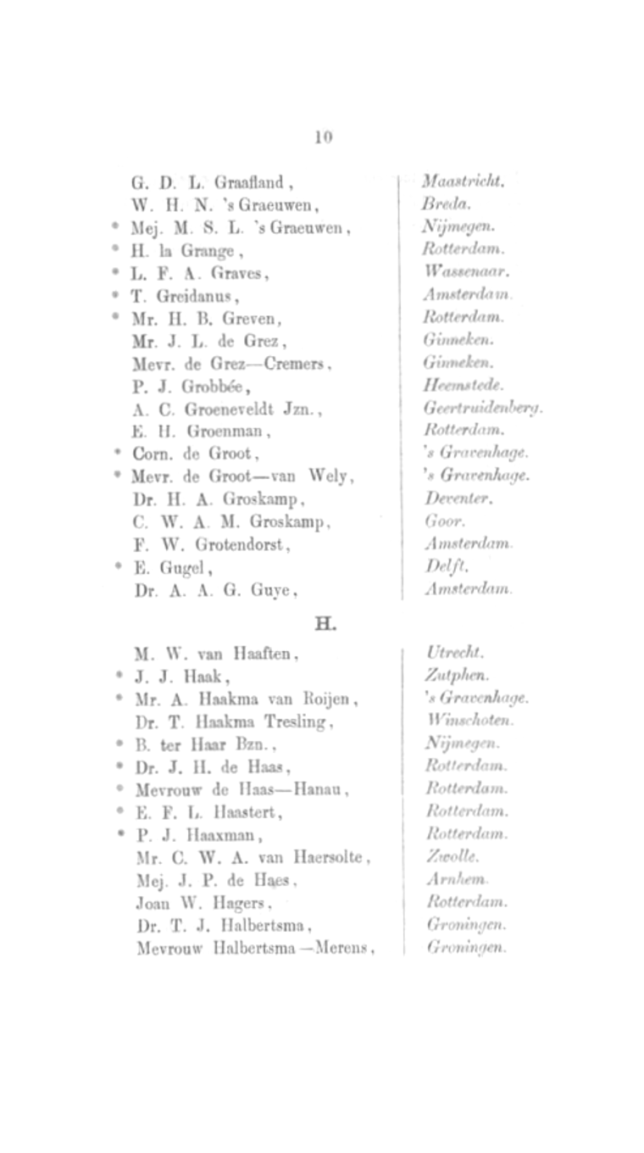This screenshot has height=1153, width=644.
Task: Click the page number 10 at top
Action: coord(323,136)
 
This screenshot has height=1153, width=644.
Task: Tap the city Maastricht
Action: coord(463,181)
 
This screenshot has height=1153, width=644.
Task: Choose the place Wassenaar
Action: coord(466,273)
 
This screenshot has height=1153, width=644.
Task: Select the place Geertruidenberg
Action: coord(483,409)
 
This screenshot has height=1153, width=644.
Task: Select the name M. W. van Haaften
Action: coord(216,654)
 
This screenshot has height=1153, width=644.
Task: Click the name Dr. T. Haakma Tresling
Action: coord(233,722)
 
